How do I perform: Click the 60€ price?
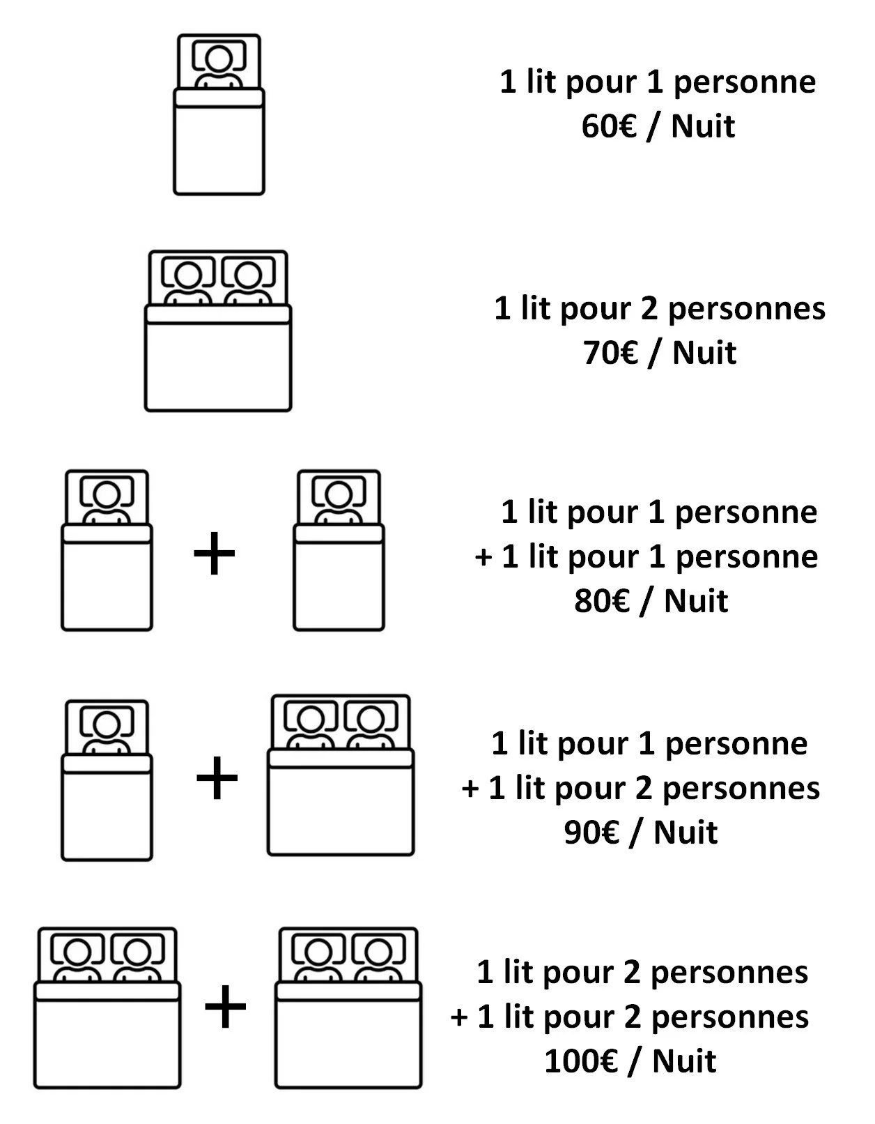click(609, 127)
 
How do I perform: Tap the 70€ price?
click(611, 353)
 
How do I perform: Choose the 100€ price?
click(581, 1061)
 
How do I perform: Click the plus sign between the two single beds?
click(215, 554)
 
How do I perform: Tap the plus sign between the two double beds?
click(226, 1008)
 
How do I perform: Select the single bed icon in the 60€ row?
click(219, 115)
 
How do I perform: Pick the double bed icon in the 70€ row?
click(218, 331)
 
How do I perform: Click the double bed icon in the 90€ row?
click(341, 775)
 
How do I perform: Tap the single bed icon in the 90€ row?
click(107, 781)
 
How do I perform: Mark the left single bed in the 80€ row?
click(107, 551)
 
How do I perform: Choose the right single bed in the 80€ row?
click(339, 551)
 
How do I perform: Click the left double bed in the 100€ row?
click(107, 1008)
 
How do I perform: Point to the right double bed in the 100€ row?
click(348, 1008)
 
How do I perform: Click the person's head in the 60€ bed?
click(219, 57)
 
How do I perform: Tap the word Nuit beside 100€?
click(684, 1061)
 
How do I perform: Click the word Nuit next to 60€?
click(703, 127)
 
